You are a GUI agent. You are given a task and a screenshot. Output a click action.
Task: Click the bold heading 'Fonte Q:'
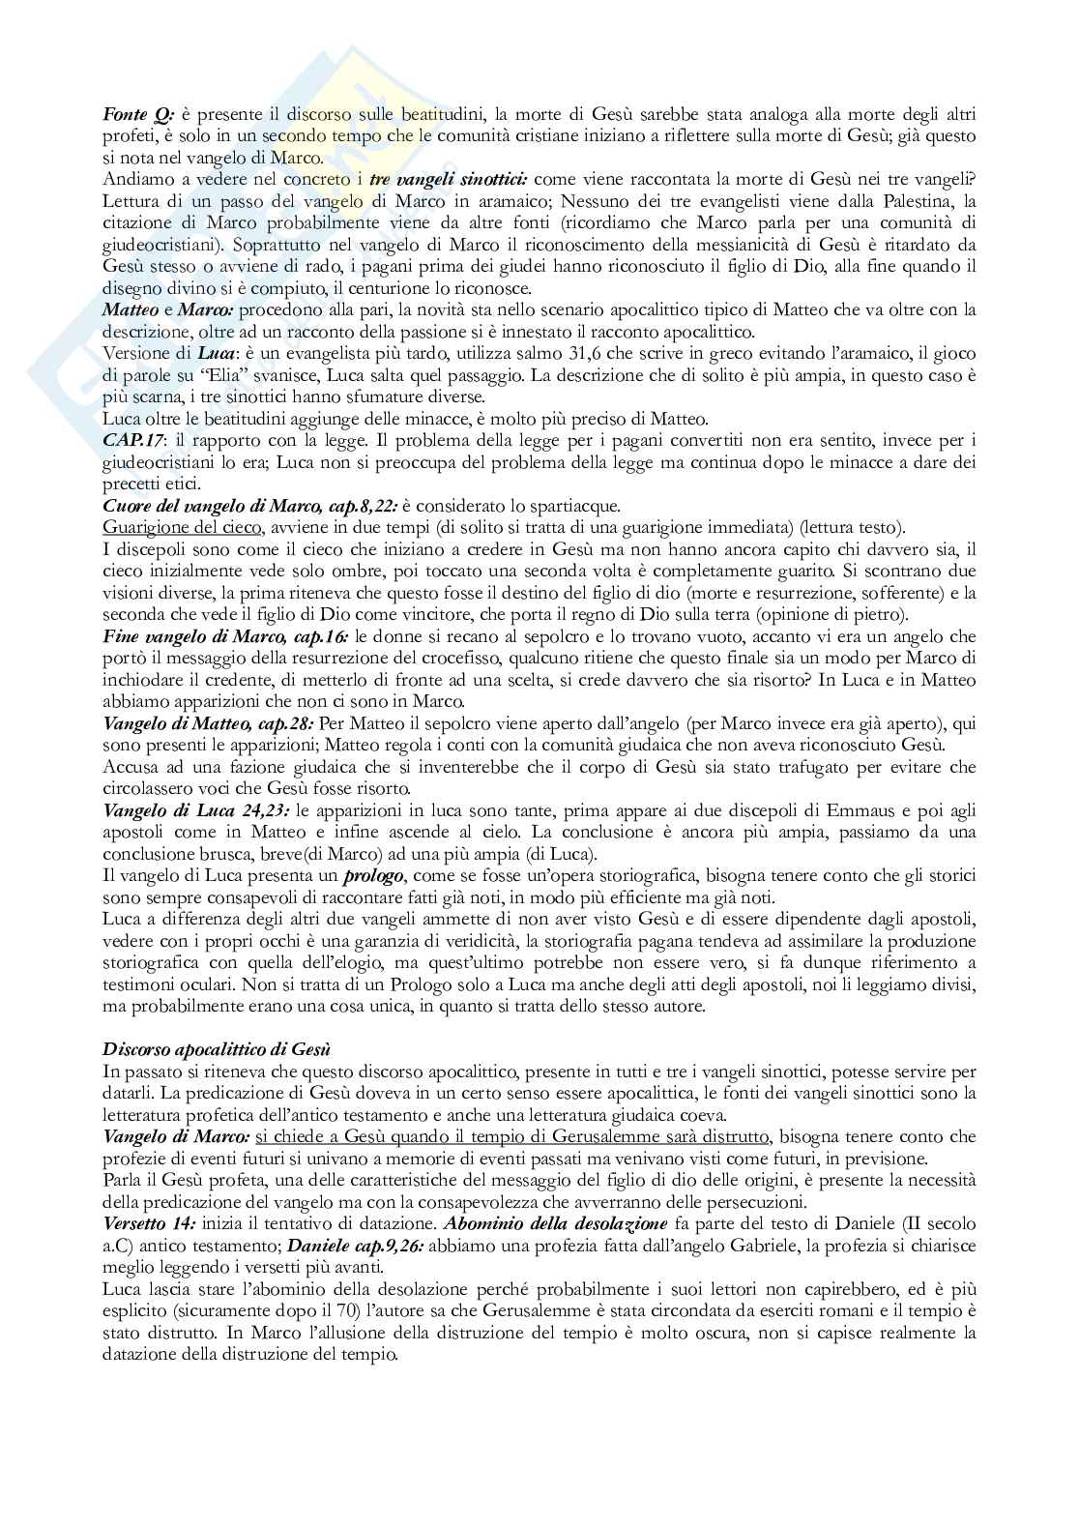[x=132, y=115]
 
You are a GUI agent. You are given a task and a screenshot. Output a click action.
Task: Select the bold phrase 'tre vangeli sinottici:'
[x=452, y=179]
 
